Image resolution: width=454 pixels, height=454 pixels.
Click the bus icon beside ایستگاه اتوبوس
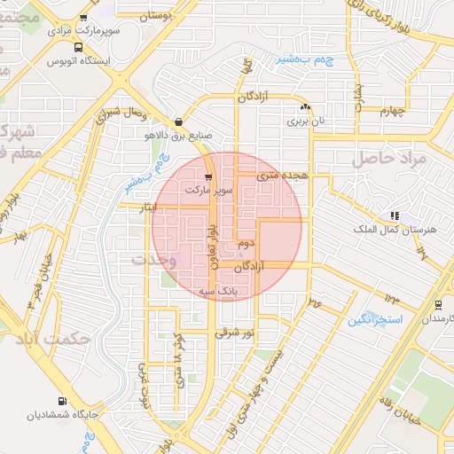79,48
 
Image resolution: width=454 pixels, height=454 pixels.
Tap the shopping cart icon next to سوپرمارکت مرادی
82,18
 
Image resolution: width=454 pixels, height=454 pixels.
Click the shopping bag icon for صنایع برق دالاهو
180,121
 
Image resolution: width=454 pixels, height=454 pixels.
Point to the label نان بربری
311,120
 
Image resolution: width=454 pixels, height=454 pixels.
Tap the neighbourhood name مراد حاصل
389,158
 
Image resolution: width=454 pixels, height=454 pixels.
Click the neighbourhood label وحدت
154,260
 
